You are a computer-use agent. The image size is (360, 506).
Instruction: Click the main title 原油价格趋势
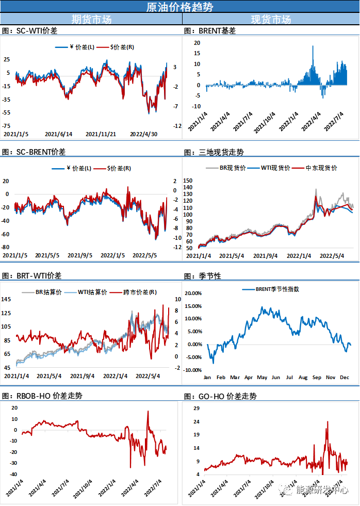click(x=179, y=7)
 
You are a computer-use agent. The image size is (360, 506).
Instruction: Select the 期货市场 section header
click(x=91, y=20)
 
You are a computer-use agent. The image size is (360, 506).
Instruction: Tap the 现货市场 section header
click(x=271, y=20)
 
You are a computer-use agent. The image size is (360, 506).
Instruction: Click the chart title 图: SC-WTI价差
click(x=30, y=31)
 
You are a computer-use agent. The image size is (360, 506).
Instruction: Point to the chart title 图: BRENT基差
click(x=210, y=31)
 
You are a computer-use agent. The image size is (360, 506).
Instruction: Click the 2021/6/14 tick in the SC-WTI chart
click(x=59, y=134)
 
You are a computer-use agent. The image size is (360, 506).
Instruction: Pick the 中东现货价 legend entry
click(x=321, y=168)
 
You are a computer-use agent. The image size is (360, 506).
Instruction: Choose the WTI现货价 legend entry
click(x=275, y=168)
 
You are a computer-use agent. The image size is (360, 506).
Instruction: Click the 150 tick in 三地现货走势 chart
click(x=188, y=181)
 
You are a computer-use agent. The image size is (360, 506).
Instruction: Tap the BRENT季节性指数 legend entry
click(x=277, y=289)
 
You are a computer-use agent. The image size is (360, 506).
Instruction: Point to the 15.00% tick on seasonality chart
click(x=193, y=306)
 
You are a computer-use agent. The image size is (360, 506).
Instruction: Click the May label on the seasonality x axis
click(x=262, y=378)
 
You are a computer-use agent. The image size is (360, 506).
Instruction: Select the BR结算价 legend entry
click(x=48, y=292)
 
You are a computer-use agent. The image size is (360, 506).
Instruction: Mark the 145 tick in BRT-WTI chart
click(x=7, y=300)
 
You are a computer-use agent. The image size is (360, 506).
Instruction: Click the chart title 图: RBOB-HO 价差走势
click(x=42, y=396)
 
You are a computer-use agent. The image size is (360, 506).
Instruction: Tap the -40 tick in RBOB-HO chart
click(x=10, y=475)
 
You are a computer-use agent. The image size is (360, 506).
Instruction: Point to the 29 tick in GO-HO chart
click(x=196, y=409)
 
